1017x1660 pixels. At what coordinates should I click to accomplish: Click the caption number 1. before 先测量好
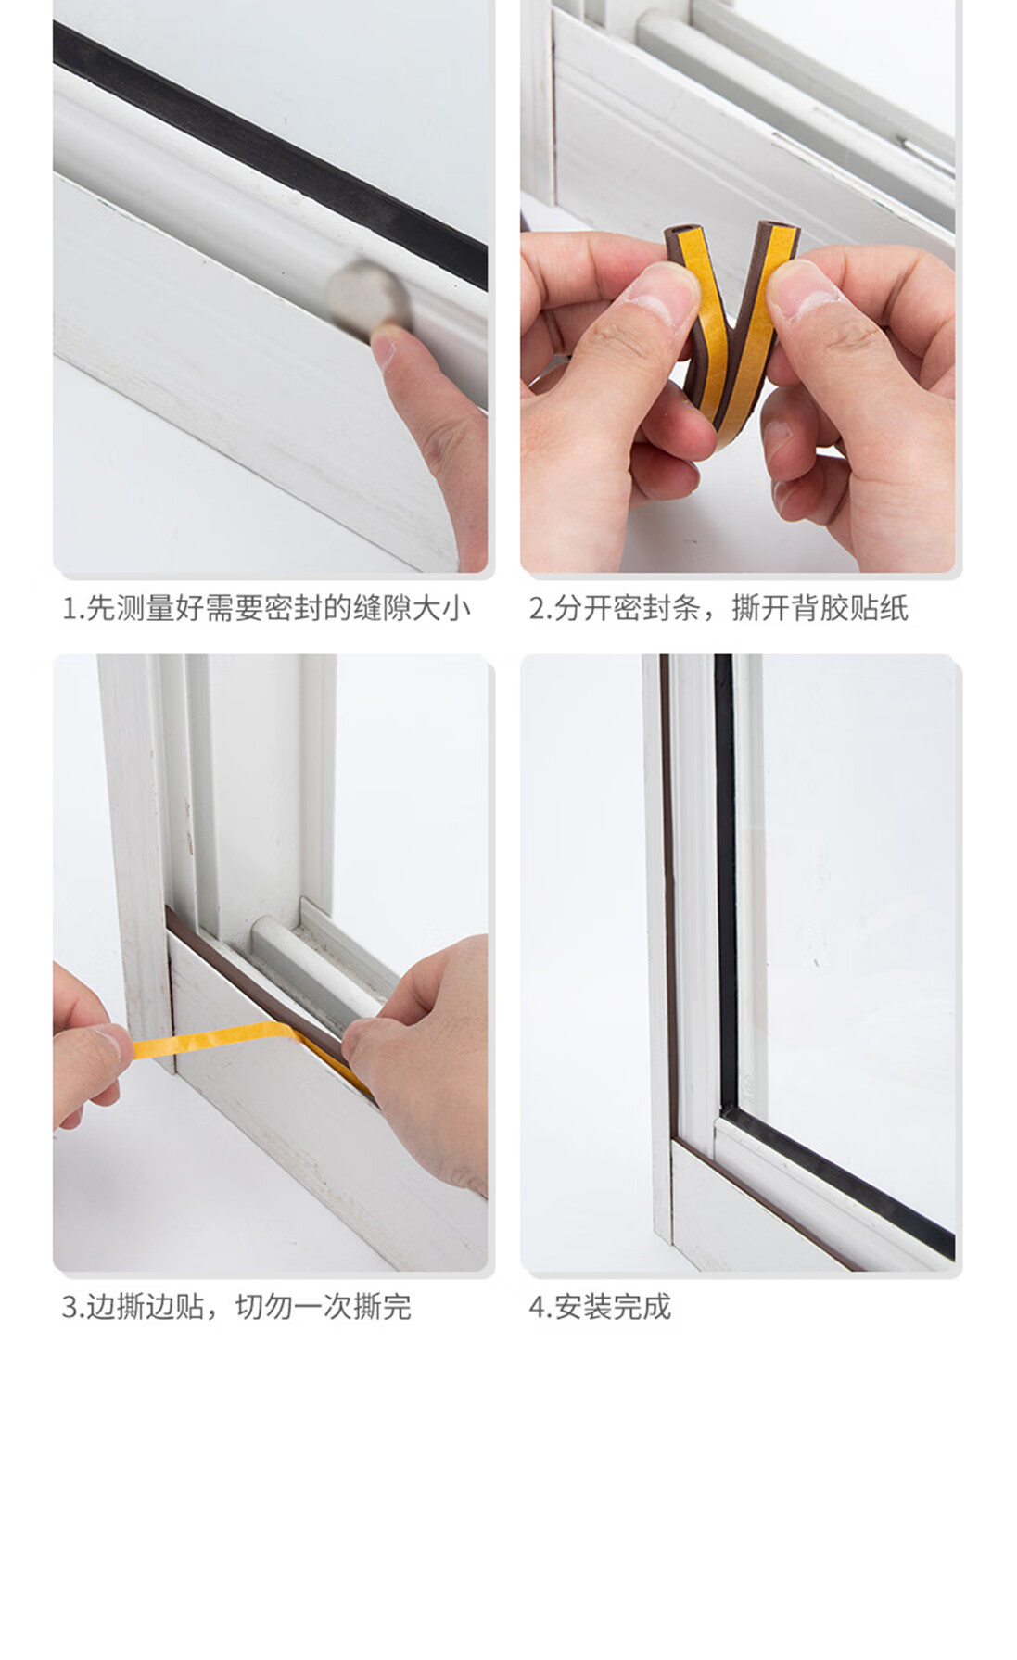click(73, 609)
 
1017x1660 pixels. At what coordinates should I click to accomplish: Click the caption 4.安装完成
click(600, 1307)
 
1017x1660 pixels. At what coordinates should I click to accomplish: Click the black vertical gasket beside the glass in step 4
click(725, 881)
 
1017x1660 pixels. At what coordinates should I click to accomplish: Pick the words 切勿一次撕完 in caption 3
click(323, 1307)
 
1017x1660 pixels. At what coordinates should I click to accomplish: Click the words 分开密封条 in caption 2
click(628, 609)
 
